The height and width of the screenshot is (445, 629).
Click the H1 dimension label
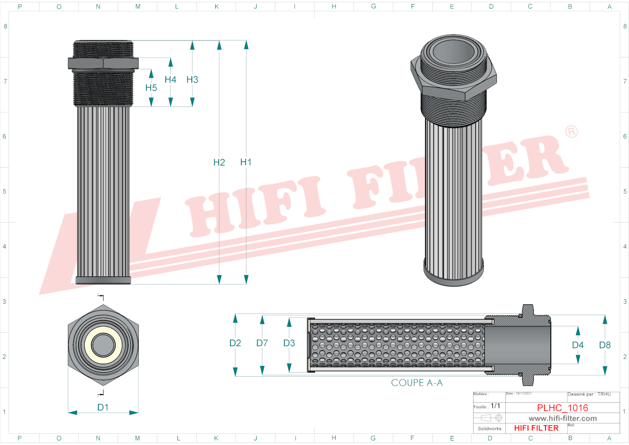[x=246, y=162]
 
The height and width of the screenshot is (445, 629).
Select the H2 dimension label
[x=219, y=162]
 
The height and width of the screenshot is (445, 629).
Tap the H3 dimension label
[x=192, y=80]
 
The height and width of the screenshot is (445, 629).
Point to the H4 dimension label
[x=170, y=80]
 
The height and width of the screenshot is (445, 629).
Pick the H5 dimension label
[x=151, y=88]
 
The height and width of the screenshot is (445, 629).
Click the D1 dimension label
[x=103, y=407]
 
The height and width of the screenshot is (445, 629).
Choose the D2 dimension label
[x=235, y=343]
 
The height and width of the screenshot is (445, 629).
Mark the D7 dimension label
[x=262, y=343]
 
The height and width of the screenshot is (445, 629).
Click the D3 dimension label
[x=289, y=343]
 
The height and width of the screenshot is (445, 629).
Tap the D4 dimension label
[x=578, y=345]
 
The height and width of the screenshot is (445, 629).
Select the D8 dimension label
[x=605, y=345]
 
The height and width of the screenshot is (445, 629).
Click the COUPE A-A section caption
[x=416, y=383]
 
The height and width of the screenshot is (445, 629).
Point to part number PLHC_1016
[x=563, y=408]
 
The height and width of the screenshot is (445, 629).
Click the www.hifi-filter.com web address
[x=563, y=418]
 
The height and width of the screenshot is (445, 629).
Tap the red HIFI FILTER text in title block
[x=536, y=428]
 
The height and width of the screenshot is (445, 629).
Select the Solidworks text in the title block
[x=489, y=429]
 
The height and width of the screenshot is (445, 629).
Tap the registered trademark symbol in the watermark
[x=571, y=132]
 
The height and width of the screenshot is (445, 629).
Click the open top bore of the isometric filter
[x=454, y=52]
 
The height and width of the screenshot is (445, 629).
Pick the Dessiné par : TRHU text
[x=589, y=394]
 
